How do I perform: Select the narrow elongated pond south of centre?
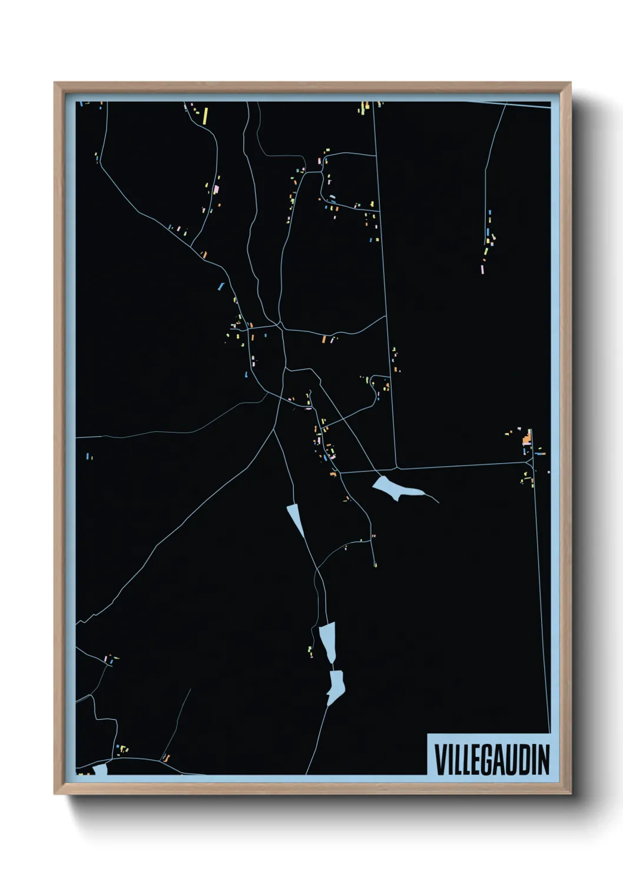[296, 520]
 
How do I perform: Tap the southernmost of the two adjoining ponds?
[336, 686]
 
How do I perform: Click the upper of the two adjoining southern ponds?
[328, 641]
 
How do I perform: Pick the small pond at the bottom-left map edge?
[100, 769]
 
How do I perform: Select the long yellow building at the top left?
[206, 115]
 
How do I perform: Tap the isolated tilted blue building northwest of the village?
[221, 286]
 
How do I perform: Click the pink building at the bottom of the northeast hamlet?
[483, 269]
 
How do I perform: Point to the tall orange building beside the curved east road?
[323, 339]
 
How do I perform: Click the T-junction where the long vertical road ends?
[397, 468]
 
